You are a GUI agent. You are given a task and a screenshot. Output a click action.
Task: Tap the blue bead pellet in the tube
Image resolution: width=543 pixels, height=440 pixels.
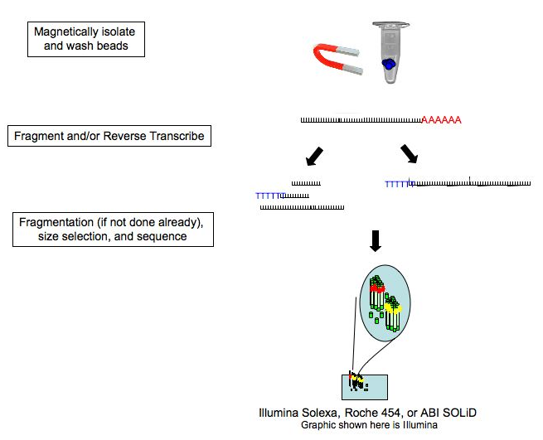tap(387, 65)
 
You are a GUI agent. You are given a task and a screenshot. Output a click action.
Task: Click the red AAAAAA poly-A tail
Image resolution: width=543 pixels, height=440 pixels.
tap(441, 120)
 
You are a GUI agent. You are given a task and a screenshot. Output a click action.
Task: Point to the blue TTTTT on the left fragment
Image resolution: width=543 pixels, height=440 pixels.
tap(269, 196)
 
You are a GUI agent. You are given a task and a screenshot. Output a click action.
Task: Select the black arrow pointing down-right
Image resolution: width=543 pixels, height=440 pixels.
tap(409, 154)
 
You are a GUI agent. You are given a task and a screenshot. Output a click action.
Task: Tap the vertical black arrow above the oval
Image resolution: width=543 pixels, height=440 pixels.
tap(376, 239)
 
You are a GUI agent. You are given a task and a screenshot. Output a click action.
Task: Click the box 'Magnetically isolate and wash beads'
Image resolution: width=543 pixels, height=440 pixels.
tap(85, 38)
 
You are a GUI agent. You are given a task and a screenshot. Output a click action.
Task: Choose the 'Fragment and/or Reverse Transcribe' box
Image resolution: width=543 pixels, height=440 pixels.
tap(109, 136)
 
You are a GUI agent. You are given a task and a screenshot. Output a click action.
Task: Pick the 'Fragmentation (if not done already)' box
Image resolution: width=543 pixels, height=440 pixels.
tap(114, 230)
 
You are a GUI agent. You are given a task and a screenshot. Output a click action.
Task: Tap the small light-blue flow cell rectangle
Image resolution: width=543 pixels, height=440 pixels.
tap(364, 386)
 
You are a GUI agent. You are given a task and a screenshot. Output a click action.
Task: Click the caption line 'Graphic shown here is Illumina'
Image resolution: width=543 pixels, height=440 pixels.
tap(369, 425)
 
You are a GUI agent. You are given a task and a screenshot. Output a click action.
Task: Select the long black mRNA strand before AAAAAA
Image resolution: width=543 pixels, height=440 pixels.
tap(361, 121)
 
